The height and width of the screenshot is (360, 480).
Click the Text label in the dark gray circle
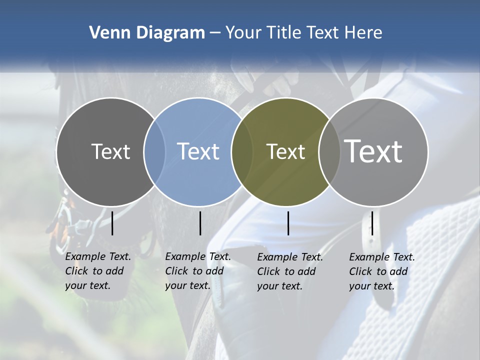point(110,151)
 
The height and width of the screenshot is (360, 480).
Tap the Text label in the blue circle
point(198,151)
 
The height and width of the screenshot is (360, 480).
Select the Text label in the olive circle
point(285,151)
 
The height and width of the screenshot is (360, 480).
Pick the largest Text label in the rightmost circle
point(373,151)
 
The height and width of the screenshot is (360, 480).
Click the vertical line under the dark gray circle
point(112,223)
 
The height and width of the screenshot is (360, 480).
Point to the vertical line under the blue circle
point(200,223)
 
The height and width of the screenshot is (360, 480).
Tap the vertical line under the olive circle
point(288,223)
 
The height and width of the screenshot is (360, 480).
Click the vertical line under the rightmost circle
point(372,223)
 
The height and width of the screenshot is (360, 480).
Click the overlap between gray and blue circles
point(154,151)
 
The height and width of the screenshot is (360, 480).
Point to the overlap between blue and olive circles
point(242,151)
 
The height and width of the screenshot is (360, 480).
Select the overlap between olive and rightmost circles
point(328,151)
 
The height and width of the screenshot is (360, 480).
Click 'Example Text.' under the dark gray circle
point(98,256)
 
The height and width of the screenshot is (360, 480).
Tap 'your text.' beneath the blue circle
point(187,285)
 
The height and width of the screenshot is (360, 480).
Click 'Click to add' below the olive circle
point(286,271)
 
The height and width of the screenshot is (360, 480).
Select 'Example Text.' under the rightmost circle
point(382,257)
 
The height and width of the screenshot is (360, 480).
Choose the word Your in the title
point(243,33)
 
